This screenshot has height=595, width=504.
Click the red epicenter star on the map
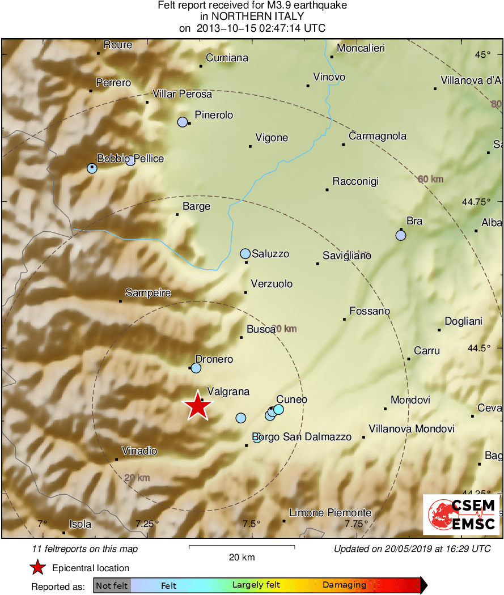click(197, 406)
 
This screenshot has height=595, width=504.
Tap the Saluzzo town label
click(270, 254)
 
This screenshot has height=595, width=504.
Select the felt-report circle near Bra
click(401, 236)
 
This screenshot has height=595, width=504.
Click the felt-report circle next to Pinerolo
click(183, 122)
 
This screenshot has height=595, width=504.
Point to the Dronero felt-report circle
click(196, 368)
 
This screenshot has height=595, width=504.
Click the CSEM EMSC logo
click(461, 515)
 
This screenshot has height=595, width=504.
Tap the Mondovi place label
click(410, 400)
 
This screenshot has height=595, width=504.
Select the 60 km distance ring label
click(430, 179)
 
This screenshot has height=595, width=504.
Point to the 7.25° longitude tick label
click(147, 524)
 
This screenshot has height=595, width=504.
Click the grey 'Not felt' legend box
click(112, 585)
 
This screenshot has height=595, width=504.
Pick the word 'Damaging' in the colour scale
click(344, 585)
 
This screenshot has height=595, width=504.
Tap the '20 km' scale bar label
click(242, 557)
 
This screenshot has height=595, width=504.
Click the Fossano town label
click(370, 311)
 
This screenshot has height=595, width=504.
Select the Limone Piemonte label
click(330, 513)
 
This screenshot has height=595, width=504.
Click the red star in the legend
click(37, 568)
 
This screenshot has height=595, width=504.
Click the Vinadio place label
click(139, 452)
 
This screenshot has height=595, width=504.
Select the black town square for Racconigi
click(327, 189)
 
